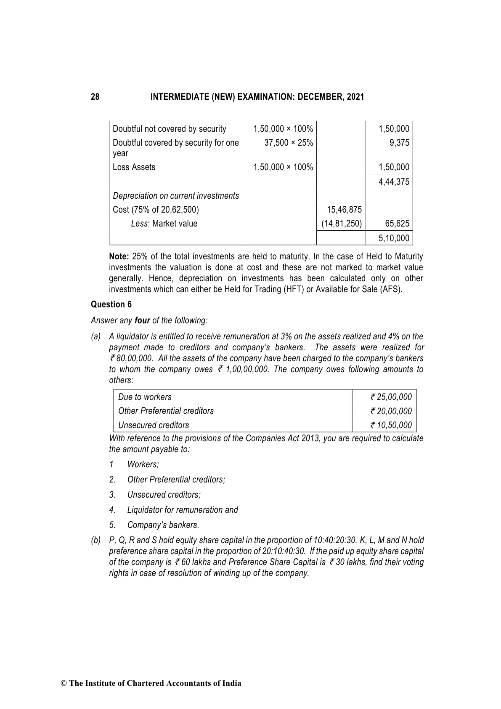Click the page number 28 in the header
click(x=95, y=97)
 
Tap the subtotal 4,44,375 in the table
click(x=394, y=182)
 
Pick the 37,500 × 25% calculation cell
click(x=289, y=143)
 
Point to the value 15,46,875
click(x=344, y=210)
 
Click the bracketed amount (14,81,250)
click(x=342, y=224)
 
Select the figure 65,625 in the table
click(x=397, y=224)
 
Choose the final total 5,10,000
click(x=394, y=238)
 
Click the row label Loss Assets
click(x=134, y=167)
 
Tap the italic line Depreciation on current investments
click(x=176, y=196)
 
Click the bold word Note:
click(x=119, y=256)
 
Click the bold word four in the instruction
click(x=142, y=320)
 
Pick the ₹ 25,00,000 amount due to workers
click(x=391, y=397)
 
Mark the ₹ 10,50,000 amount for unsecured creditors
click(x=391, y=425)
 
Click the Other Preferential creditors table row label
click(x=166, y=411)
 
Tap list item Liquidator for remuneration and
click(x=183, y=510)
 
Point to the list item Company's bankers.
click(x=163, y=525)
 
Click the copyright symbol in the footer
click(x=64, y=683)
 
